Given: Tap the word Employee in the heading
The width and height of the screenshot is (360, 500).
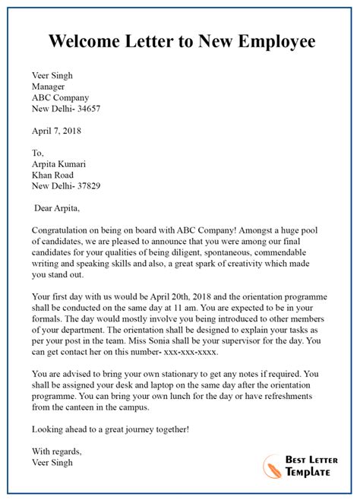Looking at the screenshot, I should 277,41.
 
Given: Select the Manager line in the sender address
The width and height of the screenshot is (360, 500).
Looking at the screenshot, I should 49,87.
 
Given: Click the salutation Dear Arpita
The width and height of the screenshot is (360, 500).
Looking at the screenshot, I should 58,207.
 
